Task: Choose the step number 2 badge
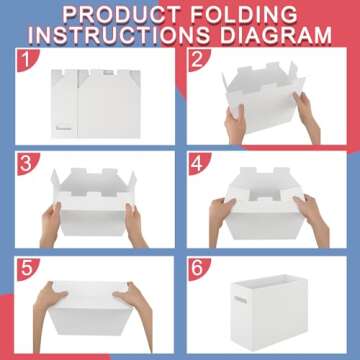pos(199,59)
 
